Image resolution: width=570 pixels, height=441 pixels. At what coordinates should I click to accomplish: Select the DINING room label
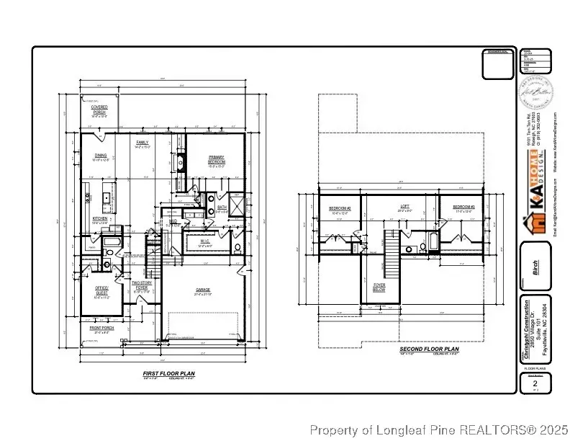coord(101,156)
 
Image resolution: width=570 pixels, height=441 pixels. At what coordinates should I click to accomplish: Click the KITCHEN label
coord(100,220)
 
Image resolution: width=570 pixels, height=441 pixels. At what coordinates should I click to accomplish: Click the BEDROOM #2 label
coord(340,209)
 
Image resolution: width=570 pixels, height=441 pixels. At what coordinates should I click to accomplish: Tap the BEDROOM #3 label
coord(462,208)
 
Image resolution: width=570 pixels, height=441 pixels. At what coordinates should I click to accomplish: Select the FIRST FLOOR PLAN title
coord(166,373)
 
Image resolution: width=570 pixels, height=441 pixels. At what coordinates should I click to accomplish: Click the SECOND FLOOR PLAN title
coord(430,350)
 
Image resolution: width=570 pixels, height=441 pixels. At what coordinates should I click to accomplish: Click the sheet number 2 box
coord(534,384)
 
